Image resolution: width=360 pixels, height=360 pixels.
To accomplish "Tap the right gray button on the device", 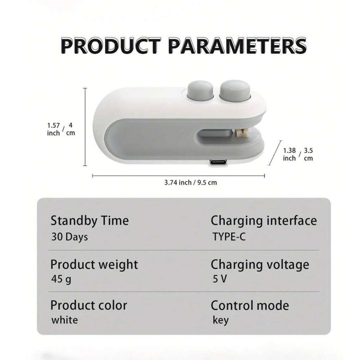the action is pos(235,90).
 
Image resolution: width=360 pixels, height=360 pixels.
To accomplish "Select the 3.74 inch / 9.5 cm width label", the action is pos(191,182).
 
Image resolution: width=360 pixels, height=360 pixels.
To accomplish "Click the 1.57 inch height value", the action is pos(53,129).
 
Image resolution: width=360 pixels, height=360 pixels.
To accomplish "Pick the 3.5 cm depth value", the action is pos(308,154).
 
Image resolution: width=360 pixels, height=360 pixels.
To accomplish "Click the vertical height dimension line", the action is pos(85,127).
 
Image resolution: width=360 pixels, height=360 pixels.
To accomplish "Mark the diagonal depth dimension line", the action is pos(275,153).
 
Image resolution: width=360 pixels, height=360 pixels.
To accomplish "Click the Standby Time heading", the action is pos(90,221).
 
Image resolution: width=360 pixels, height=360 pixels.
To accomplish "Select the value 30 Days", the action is pos(70,237).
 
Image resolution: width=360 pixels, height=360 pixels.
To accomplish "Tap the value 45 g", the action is pos(61,279).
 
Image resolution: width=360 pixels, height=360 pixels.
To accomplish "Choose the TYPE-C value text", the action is pos(229,237).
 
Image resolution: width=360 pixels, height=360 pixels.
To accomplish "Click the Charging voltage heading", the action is pos(260,265).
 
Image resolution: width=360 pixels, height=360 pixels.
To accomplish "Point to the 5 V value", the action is pos(220,279).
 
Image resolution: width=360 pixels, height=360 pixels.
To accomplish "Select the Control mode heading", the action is pos(250,306).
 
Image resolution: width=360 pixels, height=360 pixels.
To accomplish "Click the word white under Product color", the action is pos(65,320).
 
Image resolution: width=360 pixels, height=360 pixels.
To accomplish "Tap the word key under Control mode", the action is pos(221,320).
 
